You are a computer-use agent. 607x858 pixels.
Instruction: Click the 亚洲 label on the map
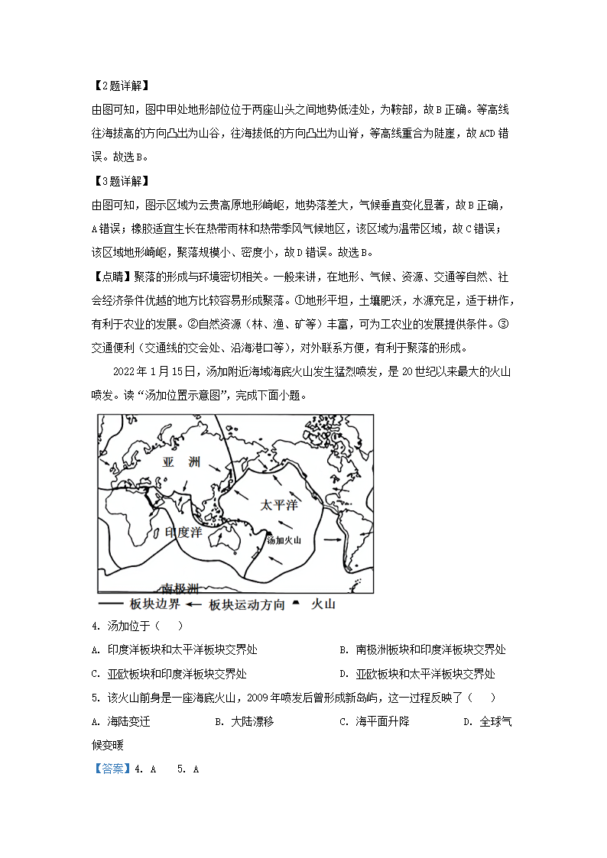tap(181, 463)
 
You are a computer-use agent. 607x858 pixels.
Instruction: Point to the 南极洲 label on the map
tap(180, 588)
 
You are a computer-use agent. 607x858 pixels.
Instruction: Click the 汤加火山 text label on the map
tap(284, 539)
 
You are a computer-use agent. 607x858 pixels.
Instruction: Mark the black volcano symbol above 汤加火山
tap(268, 531)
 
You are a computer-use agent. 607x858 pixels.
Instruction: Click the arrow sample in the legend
tap(196, 604)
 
